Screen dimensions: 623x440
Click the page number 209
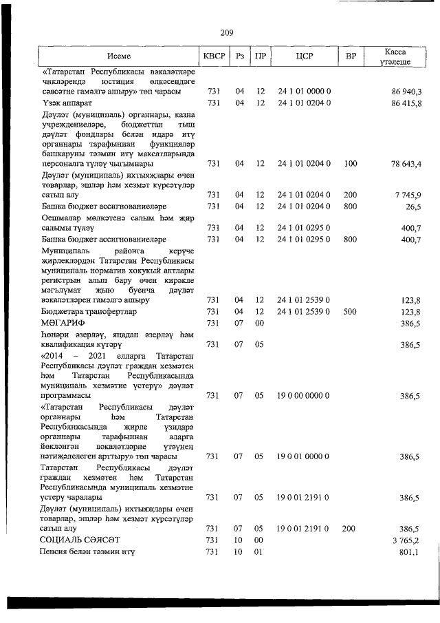(x=228, y=32)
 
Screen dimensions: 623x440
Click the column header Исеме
(x=118, y=56)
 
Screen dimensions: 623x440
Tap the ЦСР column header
(x=305, y=56)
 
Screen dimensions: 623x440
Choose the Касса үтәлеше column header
(x=396, y=56)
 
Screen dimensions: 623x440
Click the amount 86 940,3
(x=406, y=92)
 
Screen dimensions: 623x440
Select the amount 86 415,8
(x=406, y=103)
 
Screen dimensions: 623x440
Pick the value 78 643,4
(x=406, y=163)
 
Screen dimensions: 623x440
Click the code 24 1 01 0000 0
(x=305, y=92)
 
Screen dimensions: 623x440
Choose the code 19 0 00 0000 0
(x=305, y=396)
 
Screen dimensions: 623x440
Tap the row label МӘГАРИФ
(x=60, y=322)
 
